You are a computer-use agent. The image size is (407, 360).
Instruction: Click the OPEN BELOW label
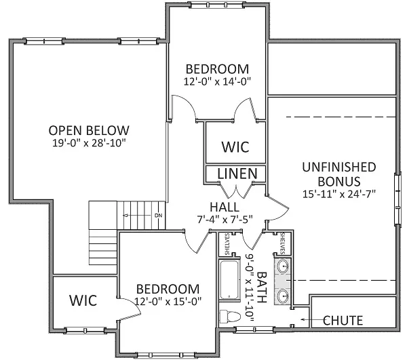coord(89,130)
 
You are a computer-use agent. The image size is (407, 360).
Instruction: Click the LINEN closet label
coord(237,174)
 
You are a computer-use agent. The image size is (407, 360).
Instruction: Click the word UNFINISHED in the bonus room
coord(340,167)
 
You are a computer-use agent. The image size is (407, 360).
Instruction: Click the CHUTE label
coord(343,320)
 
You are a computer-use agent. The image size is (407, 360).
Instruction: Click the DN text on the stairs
coord(158,216)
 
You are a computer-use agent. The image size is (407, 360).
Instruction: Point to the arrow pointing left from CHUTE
coord(305,320)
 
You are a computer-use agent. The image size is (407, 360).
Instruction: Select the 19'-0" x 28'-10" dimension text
coord(89,143)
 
